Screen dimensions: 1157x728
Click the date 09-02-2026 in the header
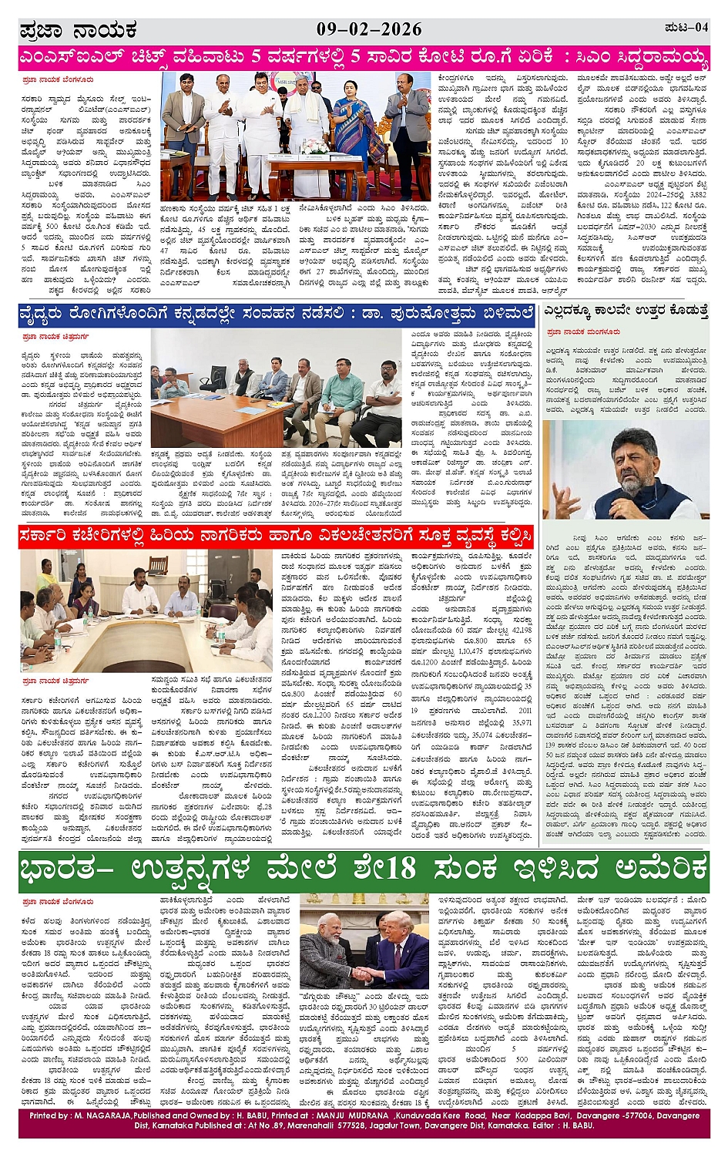(x=369, y=29)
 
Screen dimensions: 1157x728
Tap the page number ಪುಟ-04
(x=686, y=29)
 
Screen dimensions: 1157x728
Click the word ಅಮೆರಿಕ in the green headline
(x=653, y=869)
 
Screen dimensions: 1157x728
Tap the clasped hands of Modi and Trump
(x=364, y=973)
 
